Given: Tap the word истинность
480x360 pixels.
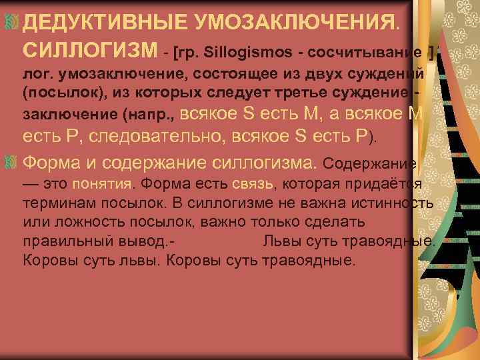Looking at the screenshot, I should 396,203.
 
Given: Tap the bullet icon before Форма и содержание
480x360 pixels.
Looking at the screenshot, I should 10,162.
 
